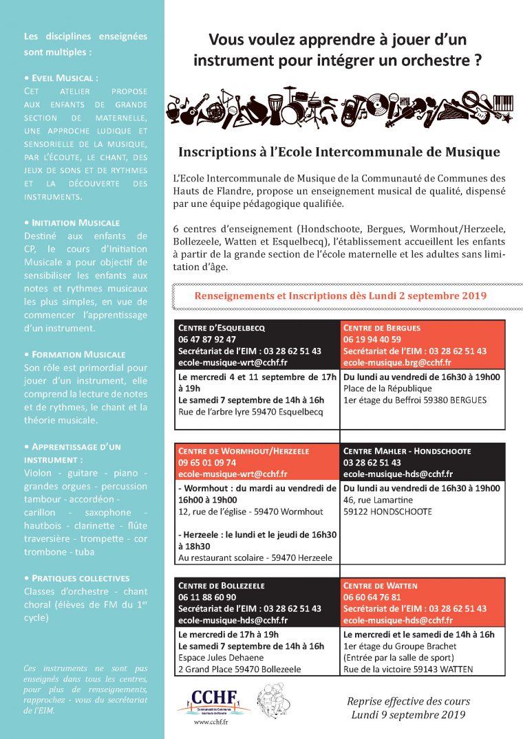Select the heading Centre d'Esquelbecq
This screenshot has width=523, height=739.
coord(222,328)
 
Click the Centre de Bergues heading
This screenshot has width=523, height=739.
coord(381,328)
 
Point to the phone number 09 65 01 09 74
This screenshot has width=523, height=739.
coord(207,463)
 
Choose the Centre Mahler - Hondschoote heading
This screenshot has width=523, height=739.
coord(407,452)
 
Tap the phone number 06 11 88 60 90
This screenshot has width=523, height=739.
coord(207,597)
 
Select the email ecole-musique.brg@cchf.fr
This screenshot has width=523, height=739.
coord(397,362)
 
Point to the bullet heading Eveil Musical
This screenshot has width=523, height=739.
coord(61,78)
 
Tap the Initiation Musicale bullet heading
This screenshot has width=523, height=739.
coord(72,223)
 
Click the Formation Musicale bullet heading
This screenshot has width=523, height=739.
coord(74,355)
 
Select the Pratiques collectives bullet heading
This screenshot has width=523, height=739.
coord(76,578)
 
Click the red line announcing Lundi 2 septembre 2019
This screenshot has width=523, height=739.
coord(341,296)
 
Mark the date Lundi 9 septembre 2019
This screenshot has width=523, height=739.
coord(408,715)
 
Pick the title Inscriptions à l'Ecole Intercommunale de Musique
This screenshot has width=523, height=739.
coord(339,152)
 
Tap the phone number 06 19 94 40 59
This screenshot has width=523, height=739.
coord(372,340)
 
